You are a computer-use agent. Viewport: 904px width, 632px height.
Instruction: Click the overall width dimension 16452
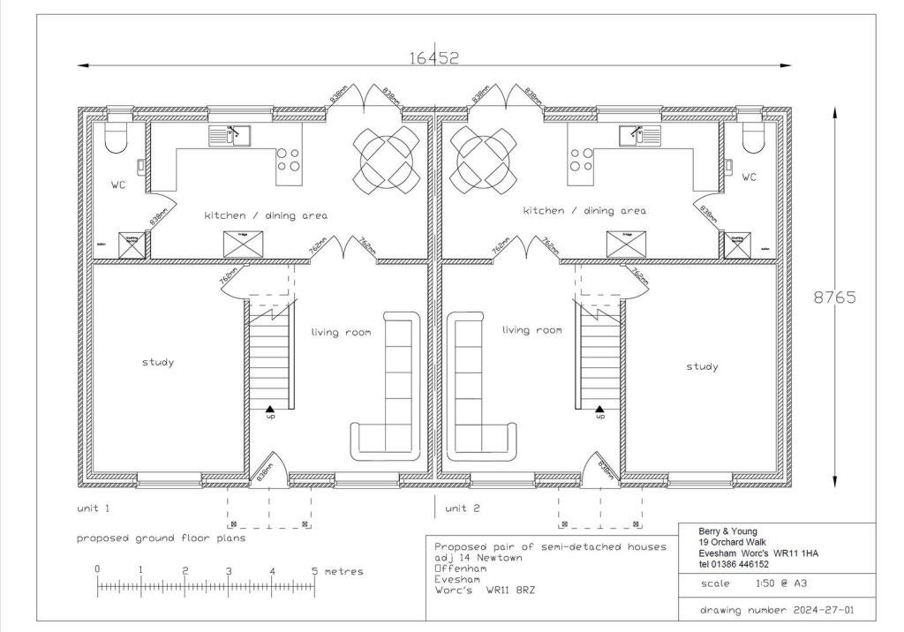pos(433,58)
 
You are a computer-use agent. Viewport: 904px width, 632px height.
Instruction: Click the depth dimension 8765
pos(834,297)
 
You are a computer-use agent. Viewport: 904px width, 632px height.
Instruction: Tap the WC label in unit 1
pos(119,185)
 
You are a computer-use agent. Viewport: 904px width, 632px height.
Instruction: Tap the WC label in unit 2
pos(749,177)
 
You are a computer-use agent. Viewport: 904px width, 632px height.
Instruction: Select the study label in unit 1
pos(158,362)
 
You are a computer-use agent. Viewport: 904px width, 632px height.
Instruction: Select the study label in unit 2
pos(702,366)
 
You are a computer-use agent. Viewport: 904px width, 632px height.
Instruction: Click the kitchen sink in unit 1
pos(230,135)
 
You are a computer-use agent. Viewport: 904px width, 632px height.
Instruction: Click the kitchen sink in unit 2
pos(639,135)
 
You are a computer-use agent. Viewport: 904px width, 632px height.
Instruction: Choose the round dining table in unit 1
pos(387,159)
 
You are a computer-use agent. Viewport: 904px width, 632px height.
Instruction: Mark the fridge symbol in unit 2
pos(626,244)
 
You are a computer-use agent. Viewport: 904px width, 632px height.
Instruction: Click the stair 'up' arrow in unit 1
pos(270,409)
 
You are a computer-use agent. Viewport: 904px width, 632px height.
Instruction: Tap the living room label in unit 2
pos(531,330)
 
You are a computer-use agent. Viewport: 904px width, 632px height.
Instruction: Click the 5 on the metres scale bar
pos(315,571)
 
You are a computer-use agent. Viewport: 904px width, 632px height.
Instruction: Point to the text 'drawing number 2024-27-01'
pos(776,609)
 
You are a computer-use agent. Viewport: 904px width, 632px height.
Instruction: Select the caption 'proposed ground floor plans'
pos(161,538)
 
